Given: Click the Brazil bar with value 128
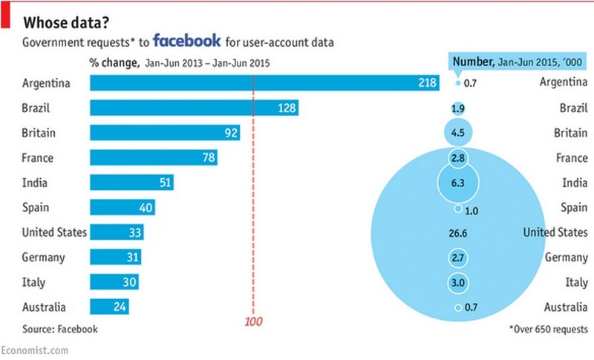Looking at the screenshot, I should click(x=195, y=108).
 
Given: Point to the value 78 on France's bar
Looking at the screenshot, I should click(x=210, y=158).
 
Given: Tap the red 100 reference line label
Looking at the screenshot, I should click(x=254, y=321).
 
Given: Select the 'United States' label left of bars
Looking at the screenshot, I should click(x=54, y=232).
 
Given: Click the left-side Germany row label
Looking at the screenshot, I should click(x=44, y=258).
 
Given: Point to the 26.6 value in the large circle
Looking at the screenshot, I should click(x=458, y=233).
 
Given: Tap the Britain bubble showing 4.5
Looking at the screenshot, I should click(x=458, y=134).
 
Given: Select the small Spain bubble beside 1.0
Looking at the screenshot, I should click(x=458, y=209).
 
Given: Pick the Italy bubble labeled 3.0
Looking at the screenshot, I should click(x=458, y=283).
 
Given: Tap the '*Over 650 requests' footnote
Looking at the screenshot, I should click(x=549, y=328).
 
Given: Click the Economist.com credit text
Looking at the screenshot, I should click(x=35, y=349).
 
